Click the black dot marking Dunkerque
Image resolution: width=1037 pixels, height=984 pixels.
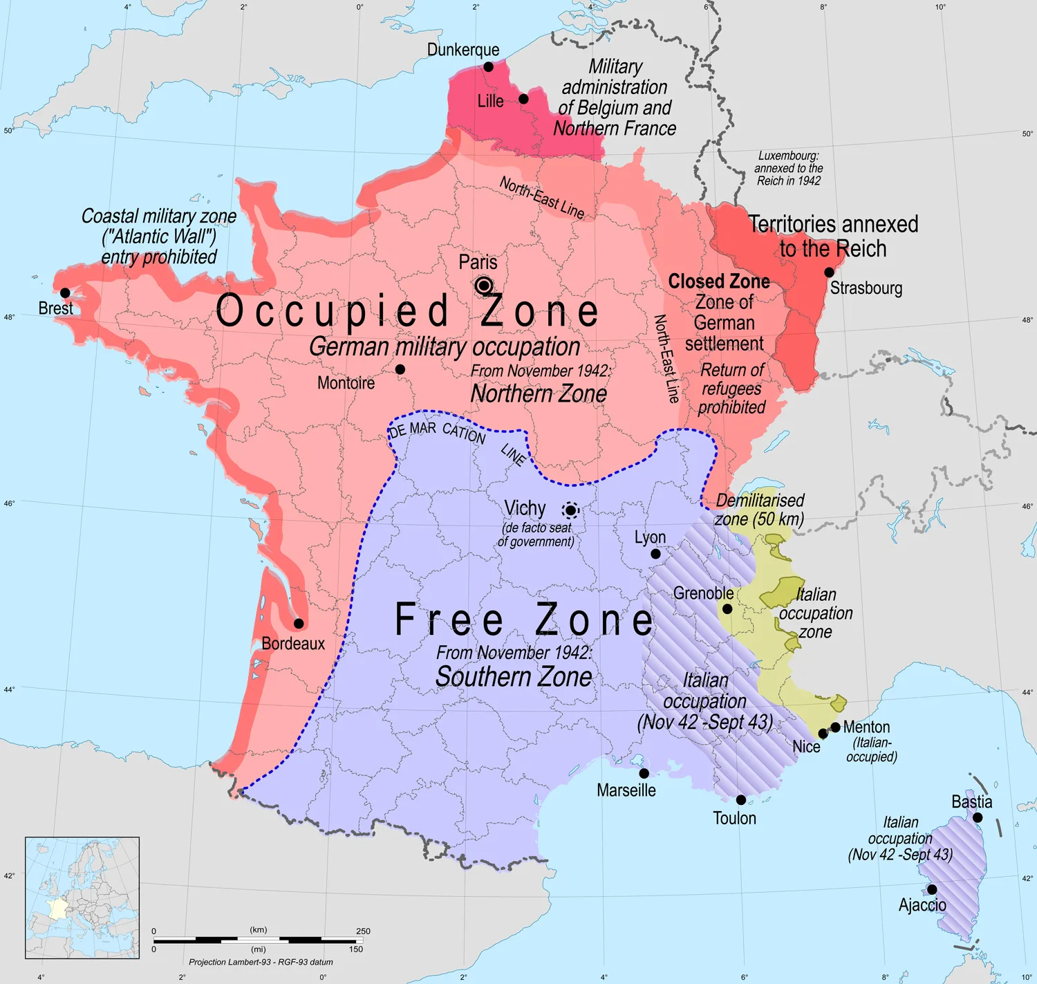488,67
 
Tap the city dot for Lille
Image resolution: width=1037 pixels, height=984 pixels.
523,99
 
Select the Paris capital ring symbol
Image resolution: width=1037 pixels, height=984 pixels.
484,286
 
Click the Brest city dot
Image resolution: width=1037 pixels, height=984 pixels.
65,293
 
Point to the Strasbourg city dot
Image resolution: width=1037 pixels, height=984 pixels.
829,272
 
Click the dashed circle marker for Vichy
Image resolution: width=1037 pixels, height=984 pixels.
570,511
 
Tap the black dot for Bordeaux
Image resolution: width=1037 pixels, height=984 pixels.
299,623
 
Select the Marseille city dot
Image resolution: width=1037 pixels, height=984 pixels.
644,773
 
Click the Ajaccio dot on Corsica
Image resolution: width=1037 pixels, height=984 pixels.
932,889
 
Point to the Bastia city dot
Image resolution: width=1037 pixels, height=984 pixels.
978,817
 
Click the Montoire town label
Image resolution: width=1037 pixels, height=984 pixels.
346,383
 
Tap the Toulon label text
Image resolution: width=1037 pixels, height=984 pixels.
734,819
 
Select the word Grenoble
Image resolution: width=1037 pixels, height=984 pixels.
703,593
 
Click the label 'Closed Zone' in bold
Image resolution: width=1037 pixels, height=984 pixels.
719,281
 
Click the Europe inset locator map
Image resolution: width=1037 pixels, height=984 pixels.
82,898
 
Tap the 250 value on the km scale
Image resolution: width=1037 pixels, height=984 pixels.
363,931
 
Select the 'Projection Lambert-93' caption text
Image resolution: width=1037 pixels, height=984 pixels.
261,962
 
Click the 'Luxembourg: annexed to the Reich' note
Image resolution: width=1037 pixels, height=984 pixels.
788,168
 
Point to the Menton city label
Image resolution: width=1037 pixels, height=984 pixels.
866,727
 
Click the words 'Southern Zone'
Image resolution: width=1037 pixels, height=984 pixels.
514,677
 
